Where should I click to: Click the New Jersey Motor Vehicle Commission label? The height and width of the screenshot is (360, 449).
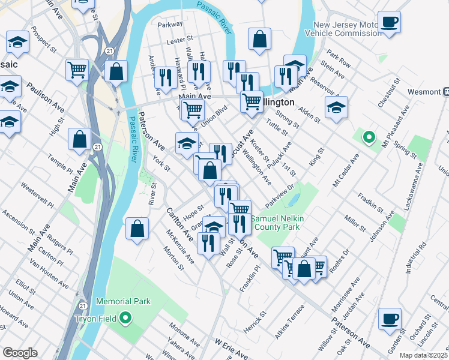[347, 29]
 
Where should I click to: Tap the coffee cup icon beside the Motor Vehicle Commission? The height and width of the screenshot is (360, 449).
[389, 22]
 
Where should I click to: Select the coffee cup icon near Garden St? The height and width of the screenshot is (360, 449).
[389, 319]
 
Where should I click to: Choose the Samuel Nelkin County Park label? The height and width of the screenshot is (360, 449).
[278, 223]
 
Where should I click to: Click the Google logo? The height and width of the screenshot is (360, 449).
[20, 353]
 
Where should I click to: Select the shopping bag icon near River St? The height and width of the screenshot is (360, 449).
[137, 229]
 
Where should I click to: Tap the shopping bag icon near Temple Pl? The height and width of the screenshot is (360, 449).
[80, 140]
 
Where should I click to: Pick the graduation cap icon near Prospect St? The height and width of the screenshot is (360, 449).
[18, 42]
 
